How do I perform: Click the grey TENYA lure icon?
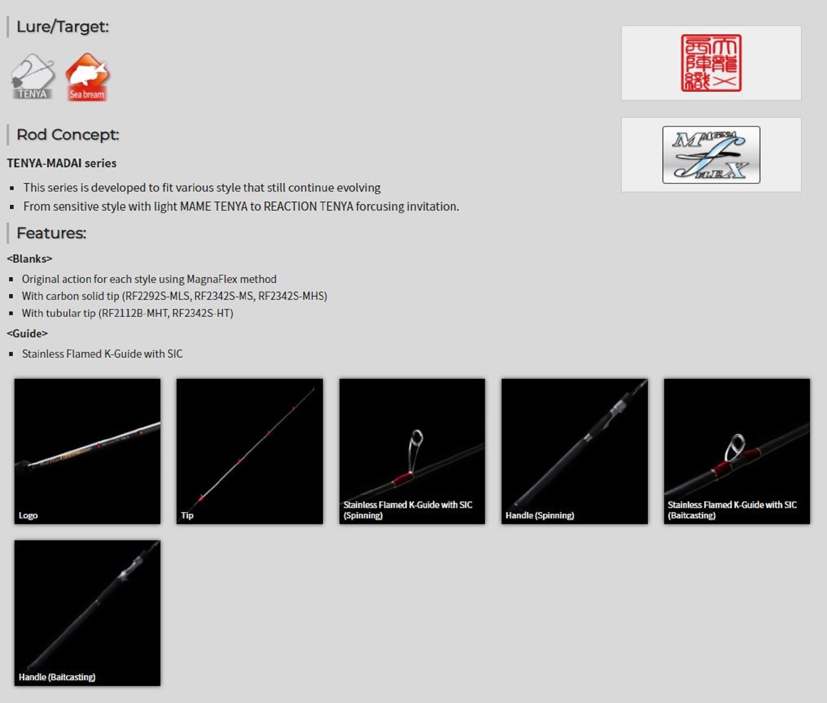coord(33,77)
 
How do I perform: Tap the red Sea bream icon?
coord(87,77)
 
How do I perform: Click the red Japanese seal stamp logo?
coord(711,63)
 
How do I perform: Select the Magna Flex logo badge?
coord(711,155)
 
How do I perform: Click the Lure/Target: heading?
coord(62,27)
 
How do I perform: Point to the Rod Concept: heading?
coord(68,135)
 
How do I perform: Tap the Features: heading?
coord(51,233)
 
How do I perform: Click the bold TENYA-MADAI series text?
coord(62,163)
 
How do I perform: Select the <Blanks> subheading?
coord(29,259)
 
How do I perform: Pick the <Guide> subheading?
coord(27,334)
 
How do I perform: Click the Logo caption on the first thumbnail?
coord(28,515)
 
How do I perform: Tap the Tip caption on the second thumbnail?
coord(187,515)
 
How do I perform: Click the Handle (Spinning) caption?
coord(540,515)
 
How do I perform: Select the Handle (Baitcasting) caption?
coord(57,677)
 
